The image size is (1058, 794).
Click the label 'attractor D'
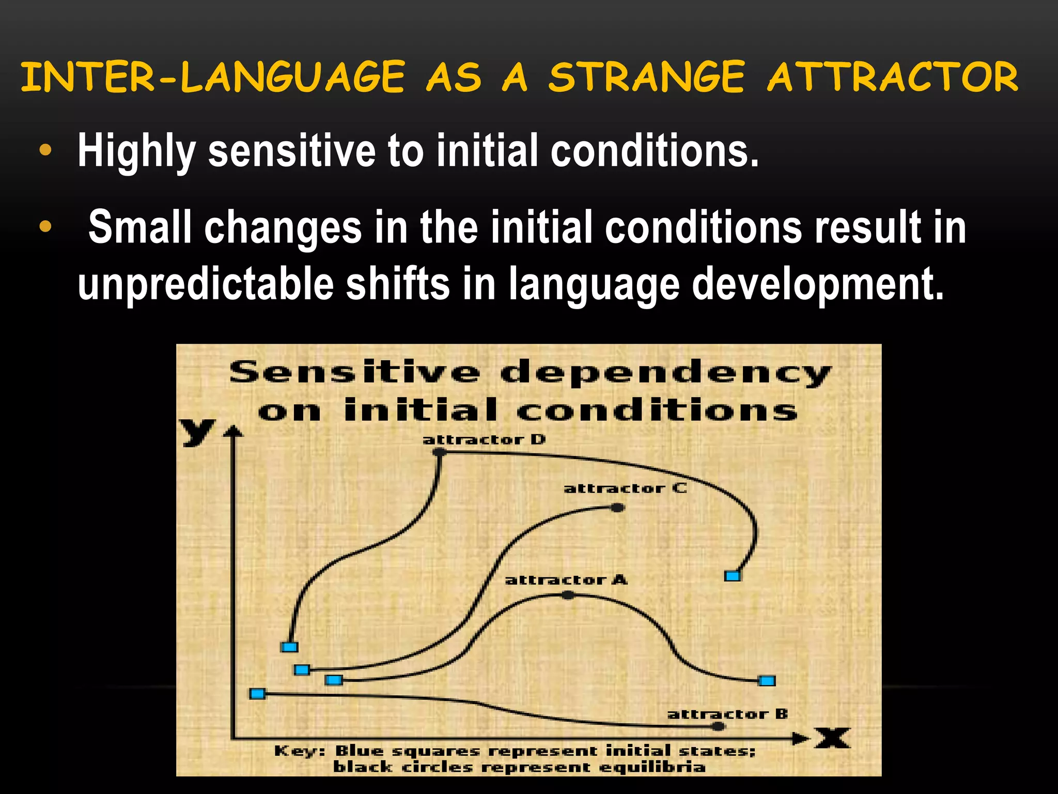coord(484,440)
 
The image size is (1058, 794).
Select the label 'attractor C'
coord(625,488)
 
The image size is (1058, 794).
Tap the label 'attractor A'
coord(566,580)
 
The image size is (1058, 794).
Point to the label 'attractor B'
coord(728,714)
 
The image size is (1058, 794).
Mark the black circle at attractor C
coord(618,508)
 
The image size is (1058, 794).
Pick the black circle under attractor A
coord(568,595)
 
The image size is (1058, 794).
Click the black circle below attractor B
coord(718,727)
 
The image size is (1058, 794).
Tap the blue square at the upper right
coord(733,576)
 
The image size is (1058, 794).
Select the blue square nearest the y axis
coord(257,694)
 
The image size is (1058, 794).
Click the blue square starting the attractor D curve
coord(289,647)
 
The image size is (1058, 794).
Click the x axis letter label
coord(833,738)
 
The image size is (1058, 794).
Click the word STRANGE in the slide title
coord(646,78)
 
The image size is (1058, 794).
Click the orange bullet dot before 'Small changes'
coord(45,226)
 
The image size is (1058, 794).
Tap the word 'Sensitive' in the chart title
coord(354,372)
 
